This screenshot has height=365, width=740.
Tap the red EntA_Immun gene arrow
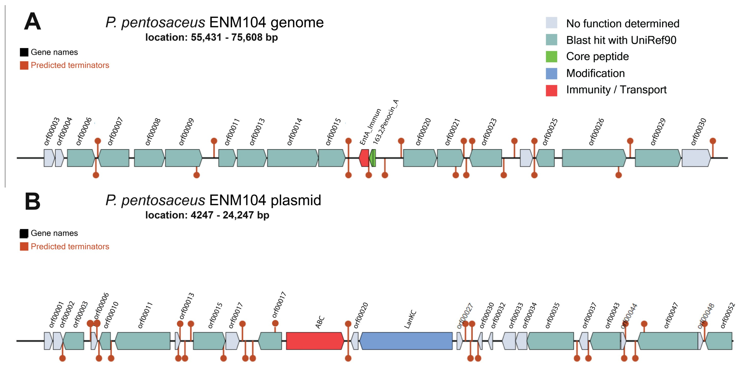(x=364, y=158)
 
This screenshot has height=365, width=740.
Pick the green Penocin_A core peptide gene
(x=373, y=158)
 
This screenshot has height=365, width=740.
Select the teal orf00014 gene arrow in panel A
(x=292, y=158)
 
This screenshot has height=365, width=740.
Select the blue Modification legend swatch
(x=551, y=73)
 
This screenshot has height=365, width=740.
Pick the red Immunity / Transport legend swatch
(x=551, y=90)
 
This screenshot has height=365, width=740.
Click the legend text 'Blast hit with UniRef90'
(x=621, y=40)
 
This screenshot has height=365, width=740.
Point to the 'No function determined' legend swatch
(x=551, y=23)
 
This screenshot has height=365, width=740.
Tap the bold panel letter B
(x=32, y=201)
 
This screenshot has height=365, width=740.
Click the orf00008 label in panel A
(x=153, y=132)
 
